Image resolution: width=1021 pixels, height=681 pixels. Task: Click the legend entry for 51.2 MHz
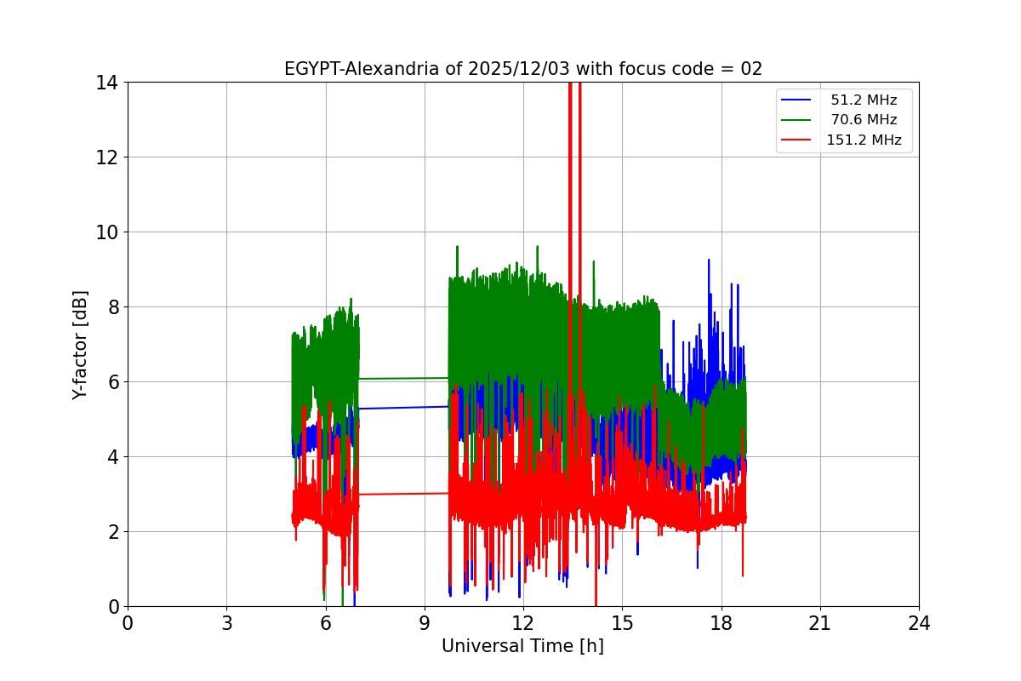pos(864,100)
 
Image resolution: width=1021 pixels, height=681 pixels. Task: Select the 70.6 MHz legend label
pos(864,120)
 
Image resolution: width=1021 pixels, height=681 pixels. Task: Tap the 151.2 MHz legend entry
pos(864,140)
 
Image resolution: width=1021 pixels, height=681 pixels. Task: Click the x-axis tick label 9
pos(425,623)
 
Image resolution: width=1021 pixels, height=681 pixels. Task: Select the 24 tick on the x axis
pos(919,623)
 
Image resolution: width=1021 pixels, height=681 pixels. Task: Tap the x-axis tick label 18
pos(721,623)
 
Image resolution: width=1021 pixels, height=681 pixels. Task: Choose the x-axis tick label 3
pos(226,623)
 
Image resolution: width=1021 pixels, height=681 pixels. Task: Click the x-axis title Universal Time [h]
pos(522,646)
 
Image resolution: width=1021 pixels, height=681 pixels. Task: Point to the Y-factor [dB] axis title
pos(80,345)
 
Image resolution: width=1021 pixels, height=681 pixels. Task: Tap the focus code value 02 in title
pos(751,69)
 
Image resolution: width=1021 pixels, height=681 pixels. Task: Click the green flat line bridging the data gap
pos(404,378)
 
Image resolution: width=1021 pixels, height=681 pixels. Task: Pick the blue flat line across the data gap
pos(404,408)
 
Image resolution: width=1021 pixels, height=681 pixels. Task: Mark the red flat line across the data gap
pos(404,494)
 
